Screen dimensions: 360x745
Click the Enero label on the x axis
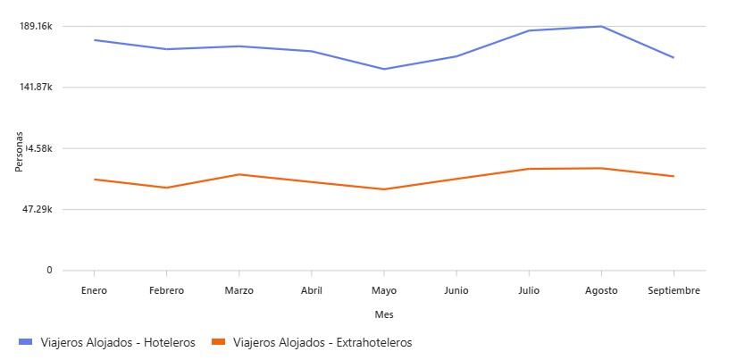click(94, 290)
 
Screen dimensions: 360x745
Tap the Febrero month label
click(166, 290)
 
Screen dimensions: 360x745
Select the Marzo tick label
click(239, 290)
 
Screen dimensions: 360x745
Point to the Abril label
click(311, 290)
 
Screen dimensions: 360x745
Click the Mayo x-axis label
click(383, 290)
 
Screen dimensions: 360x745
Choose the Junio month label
click(456, 290)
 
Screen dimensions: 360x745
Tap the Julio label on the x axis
click(529, 290)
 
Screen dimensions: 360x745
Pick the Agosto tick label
click(601, 290)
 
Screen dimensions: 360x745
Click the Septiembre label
click(674, 290)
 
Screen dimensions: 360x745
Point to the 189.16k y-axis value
click(36, 26)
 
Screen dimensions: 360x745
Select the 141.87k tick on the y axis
click(36, 87)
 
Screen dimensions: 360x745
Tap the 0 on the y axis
click(49, 270)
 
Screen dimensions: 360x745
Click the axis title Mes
click(384, 314)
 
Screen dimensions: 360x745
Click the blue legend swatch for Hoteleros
click(25, 342)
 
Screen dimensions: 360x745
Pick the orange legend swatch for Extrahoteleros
click(217, 342)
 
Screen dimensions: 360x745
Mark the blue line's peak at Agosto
click(601, 26)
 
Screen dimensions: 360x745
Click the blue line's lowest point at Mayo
click(384, 69)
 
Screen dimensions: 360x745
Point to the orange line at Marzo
click(239, 174)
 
